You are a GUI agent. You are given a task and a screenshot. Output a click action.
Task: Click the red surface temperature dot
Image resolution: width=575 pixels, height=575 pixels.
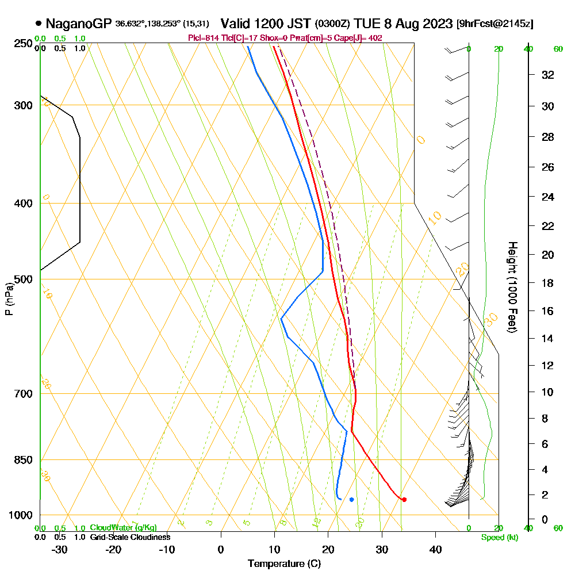click(x=404, y=499)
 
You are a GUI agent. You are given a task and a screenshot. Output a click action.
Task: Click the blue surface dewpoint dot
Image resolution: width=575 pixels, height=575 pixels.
click(x=351, y=499)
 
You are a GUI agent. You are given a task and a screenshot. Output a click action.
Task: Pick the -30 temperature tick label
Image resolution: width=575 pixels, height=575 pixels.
click(x=59, y=550)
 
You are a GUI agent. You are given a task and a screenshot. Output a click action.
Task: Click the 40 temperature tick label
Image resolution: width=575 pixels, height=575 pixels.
click(x=435, y=550)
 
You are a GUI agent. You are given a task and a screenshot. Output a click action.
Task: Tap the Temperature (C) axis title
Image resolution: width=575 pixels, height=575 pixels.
click(x=284, y=564)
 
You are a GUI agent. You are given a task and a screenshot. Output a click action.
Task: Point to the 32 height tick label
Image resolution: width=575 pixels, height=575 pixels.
click(x=547, y=75)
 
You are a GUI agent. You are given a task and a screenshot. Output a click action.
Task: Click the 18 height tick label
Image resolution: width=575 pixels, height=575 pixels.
click(x=547, y=283)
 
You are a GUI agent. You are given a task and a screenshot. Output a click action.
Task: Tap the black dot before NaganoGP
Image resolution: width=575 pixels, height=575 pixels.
click(x=39, y=24)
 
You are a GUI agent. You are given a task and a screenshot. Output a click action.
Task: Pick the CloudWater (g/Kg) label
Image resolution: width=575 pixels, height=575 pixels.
click(x=123, y=527)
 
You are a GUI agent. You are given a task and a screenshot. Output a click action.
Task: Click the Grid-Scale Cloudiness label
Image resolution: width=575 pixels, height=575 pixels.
click(x=130, y=537)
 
